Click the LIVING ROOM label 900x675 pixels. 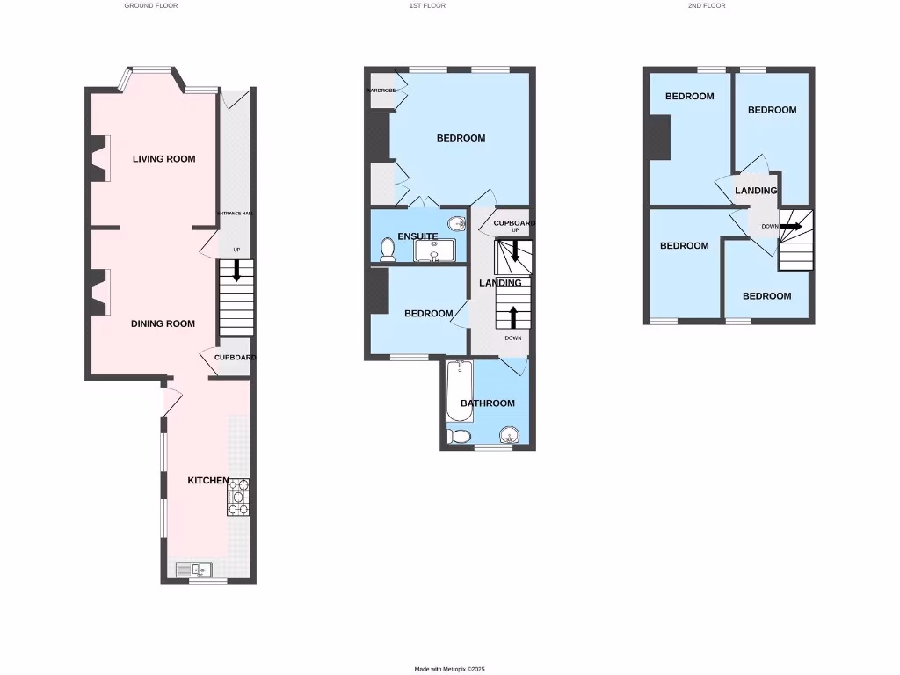(x=163, y=159)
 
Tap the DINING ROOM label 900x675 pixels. (x=163, y=323)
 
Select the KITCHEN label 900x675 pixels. (x=208, y=481)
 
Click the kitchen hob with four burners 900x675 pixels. (x=238, y=497)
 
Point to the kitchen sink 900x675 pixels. (x=194, y=570)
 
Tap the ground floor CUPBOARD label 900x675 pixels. (x=235, y=358)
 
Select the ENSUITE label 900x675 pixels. (x=417, y=236)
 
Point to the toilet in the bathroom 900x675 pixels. (x=460, y=436)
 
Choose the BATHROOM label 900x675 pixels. (x=488, y=403)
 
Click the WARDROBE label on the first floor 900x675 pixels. (x=381, y=91)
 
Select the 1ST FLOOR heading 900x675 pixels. (x=427, y=5)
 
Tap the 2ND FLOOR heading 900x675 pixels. (x=707, y=5)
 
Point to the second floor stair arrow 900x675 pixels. (x=790, y=226)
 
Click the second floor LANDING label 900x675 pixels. (x=756, y=191)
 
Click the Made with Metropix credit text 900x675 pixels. (x=449, y=669)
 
